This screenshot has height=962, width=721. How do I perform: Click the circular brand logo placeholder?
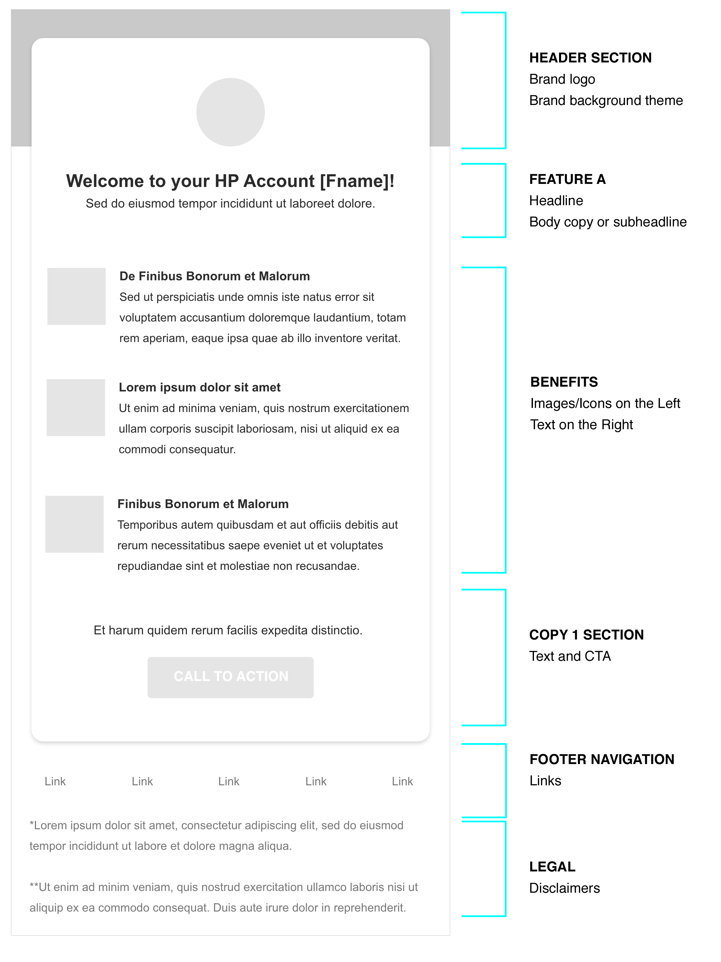pos(230,112)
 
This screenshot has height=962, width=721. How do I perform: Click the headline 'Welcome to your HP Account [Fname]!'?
pos(230,181)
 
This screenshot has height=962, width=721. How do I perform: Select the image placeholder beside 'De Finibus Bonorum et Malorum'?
pos(76,296)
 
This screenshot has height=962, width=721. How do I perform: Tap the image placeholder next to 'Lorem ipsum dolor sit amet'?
pos(76,408)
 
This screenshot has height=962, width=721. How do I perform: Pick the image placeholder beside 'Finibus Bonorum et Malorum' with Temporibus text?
pos(74,524)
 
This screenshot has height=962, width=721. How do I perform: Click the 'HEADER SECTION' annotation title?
pos(590,58)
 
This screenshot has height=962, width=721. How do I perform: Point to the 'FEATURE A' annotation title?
pos(567,179)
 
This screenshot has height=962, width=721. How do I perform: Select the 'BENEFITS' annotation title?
pos(564,382)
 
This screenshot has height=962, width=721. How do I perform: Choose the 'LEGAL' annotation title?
pos(552,867)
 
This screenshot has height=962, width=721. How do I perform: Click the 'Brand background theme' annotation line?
pos(606,101)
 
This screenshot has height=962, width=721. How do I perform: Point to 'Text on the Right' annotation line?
pos(581,424)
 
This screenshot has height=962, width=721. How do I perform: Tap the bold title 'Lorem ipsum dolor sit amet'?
pos(199,387)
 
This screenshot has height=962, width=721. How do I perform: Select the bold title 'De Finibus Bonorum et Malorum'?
pos(214,276)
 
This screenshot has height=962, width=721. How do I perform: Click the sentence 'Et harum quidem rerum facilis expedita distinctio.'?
pos(228,630)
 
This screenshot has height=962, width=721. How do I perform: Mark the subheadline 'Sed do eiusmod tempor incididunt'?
pos(230,203)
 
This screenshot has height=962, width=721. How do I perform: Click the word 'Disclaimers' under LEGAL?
pos(565,888)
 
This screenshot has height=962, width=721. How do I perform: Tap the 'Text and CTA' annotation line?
pos(570,656)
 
